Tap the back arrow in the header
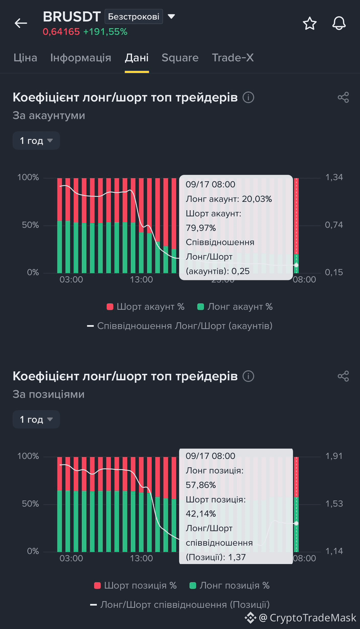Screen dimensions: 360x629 point(21,23)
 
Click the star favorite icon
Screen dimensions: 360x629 point(310,23)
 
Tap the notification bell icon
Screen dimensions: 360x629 point(339,23)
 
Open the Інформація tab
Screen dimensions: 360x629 point(81,58)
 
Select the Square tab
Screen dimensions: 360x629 point(180,58)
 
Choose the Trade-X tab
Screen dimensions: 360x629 point(233,58)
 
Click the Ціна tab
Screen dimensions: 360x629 point(25,58)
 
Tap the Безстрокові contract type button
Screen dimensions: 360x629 point(134,16)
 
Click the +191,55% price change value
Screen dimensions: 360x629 point(105,32)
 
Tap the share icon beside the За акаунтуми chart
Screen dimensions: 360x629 point(343,97)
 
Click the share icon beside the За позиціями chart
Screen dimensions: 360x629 point(343,376)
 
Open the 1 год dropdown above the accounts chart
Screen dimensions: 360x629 point(36,140)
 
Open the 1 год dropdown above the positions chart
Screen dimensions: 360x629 point(36,419)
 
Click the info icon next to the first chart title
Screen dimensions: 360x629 point(248,97)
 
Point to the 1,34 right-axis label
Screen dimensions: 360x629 point(334,177)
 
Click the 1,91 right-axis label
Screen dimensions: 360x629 point(334,456)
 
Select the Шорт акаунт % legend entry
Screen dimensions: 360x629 point(145,306)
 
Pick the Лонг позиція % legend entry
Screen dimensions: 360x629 point(229,586)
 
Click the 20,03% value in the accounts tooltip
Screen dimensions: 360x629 point(257,199)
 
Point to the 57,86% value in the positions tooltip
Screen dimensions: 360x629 point(201,485)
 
